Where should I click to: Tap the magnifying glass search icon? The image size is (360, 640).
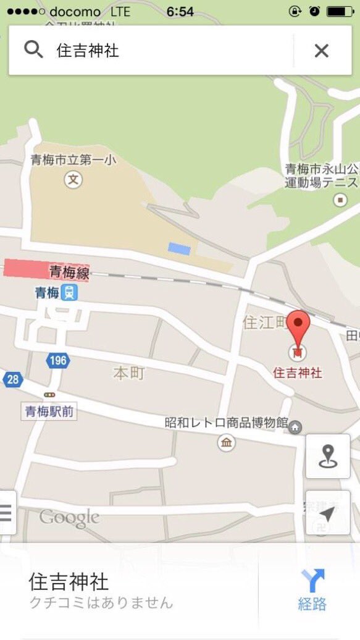click(x=33, y=50)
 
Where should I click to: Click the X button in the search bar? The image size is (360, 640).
click(x=321, y=51)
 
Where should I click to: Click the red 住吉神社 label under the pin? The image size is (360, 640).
click(x=298, y=373)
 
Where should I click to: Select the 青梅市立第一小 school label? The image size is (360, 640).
click(x=73, y=161)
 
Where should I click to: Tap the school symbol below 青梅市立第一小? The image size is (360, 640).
click(x=73, y=180)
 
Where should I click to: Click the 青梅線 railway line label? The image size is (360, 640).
click(x=69, y=272)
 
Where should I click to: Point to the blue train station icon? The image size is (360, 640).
click(x=71, y=292)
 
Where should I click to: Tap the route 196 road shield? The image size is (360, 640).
click(x=57, y=361)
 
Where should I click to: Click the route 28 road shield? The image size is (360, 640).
click(x=12, y=379)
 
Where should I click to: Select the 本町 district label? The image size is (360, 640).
click(x=128, y=373)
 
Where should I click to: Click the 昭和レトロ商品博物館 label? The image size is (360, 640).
click(x=226, y=423)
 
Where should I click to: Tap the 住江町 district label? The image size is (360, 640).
click(x=263, y=322)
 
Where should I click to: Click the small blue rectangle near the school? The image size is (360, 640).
click(x=178, y=248)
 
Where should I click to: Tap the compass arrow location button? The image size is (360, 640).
click(x=327, y=513)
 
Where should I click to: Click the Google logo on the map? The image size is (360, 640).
click(x=69, y=518)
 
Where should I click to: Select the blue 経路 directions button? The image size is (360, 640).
click(x=312, y=591)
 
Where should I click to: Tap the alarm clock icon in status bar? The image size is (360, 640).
click(x=315, y=12)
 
